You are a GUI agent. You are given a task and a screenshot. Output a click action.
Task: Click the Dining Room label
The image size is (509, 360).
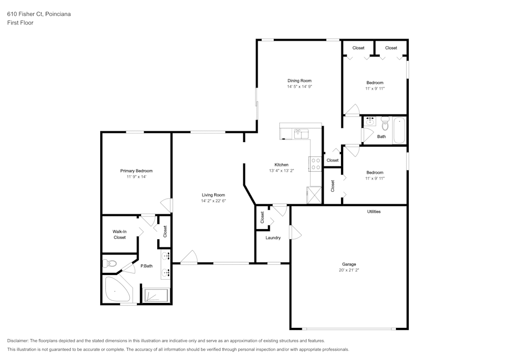point(299,80)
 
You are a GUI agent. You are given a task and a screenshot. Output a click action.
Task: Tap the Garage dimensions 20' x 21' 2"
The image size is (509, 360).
point(349,270)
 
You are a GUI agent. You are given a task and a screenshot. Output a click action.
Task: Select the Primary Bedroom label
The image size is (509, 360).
point(136,171)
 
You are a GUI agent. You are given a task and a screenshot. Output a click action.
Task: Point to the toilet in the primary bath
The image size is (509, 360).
point(109,263)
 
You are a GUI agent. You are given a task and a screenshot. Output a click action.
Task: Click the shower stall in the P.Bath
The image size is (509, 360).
point(156,295)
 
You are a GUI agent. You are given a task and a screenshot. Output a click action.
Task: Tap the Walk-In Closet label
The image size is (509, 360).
point(120,234)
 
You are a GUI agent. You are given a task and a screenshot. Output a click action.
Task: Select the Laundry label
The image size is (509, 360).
point(273,238)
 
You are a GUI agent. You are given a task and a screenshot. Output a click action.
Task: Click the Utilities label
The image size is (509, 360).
point(374,211)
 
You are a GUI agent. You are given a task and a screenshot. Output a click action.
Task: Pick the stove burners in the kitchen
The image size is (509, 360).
point(316,163)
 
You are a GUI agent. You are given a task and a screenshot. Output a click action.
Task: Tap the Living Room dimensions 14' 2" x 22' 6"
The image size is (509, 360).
point(213,201)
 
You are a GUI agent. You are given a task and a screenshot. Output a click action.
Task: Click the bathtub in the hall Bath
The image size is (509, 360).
point(400,130)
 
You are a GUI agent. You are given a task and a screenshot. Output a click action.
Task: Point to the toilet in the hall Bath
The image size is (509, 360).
point(385,123)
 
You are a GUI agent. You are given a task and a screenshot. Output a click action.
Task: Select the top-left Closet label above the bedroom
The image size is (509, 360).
point(358,48)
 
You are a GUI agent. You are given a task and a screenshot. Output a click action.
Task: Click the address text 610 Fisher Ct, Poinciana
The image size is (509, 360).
point(39,14)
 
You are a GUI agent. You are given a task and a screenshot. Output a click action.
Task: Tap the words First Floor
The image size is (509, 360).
point(20,23)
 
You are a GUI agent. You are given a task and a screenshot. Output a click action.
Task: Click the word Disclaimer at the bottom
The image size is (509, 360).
point(19,341)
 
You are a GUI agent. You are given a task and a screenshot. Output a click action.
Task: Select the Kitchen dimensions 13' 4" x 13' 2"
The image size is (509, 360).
point(281,171)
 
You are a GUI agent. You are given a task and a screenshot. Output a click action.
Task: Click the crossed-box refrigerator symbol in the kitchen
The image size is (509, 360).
point(315,195)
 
